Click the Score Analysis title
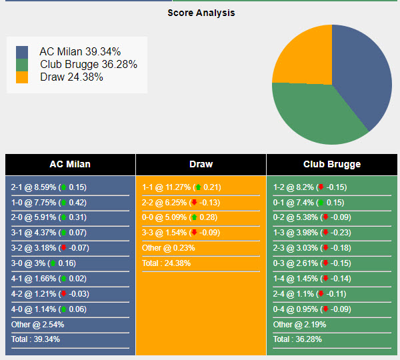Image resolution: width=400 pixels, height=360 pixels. [201, 13]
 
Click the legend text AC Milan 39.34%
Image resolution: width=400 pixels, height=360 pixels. [80, 52]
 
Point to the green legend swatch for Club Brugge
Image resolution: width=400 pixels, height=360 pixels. [22, 65]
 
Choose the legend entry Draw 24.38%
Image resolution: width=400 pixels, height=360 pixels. [71, 77]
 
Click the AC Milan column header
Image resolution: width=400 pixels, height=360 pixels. [70, 164]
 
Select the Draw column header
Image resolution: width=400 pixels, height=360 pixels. [201, 164]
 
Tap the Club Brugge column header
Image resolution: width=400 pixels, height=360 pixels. [331, 164]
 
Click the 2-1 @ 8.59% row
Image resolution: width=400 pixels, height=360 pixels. [49, 187]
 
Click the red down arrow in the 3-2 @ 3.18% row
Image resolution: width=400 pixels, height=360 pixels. [63, 248]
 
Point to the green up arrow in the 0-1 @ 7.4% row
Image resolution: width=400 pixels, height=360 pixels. [321, 203]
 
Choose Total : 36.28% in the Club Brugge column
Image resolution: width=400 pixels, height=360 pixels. [298, 339]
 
